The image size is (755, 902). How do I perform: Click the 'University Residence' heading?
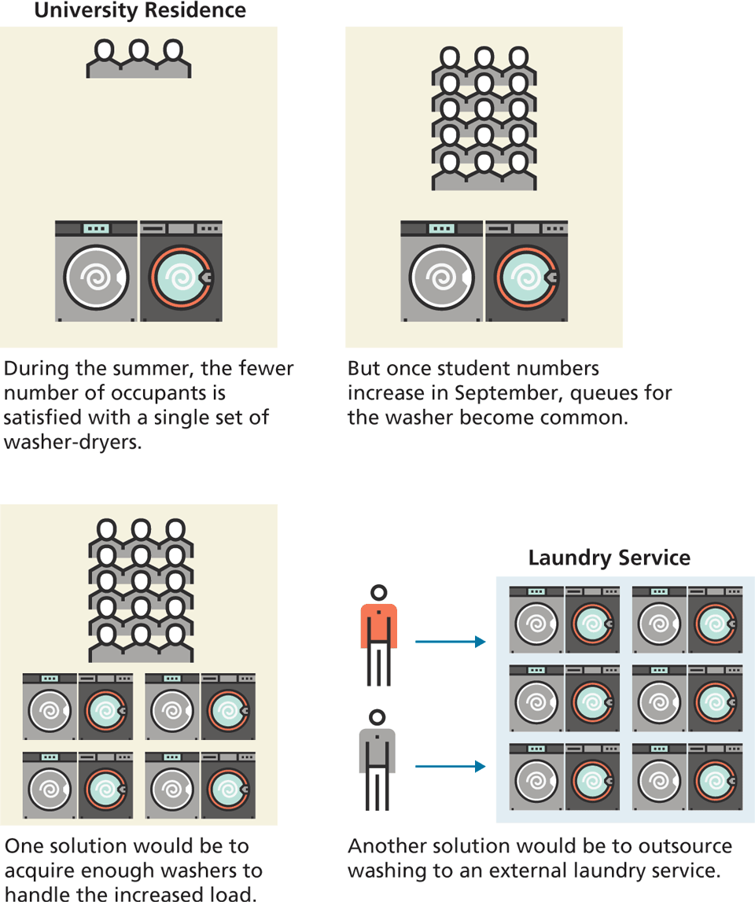(141, 10)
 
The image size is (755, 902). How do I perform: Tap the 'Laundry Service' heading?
(610, 558)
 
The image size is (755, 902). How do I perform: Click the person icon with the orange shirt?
(378, 635)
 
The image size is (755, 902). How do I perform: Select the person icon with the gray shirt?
(377, 760)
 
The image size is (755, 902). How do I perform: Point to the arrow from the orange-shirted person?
(451, 642)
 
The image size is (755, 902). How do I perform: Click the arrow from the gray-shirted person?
(451, 766)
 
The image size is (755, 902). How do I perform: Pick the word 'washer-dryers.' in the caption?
(72, 443)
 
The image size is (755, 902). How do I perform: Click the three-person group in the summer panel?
(138, 59)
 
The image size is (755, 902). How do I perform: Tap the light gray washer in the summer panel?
(96, 271)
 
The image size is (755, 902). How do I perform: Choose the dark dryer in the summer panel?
(181, 271)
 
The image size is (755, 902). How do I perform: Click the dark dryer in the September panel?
(527, 271)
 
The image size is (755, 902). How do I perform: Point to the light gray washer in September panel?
(441, 271)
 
